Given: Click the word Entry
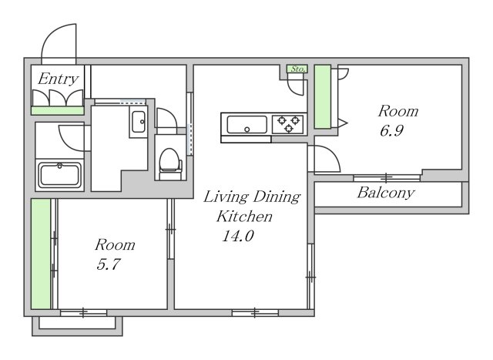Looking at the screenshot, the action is point(58,79).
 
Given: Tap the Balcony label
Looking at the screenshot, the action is point(386,193).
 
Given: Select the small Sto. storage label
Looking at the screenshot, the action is point(297,69).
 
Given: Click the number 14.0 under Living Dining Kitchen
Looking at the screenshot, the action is point(238,236).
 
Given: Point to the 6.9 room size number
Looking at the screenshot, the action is point(391,130).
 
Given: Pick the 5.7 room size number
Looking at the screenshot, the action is point(109,264).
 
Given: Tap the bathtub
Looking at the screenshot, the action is point(60,175).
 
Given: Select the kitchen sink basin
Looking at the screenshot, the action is point(247,125).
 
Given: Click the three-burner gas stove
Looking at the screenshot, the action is point(288,124).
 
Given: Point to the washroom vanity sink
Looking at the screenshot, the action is point(139,122).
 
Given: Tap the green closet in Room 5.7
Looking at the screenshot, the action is point(41,254).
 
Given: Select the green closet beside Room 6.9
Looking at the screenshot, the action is point(323,96).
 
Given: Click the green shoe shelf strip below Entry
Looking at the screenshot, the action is point(58,110).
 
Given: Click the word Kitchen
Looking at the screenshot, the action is point(244,217).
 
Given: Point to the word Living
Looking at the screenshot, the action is point(226,197).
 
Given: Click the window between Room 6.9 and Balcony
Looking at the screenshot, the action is point(387,178).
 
